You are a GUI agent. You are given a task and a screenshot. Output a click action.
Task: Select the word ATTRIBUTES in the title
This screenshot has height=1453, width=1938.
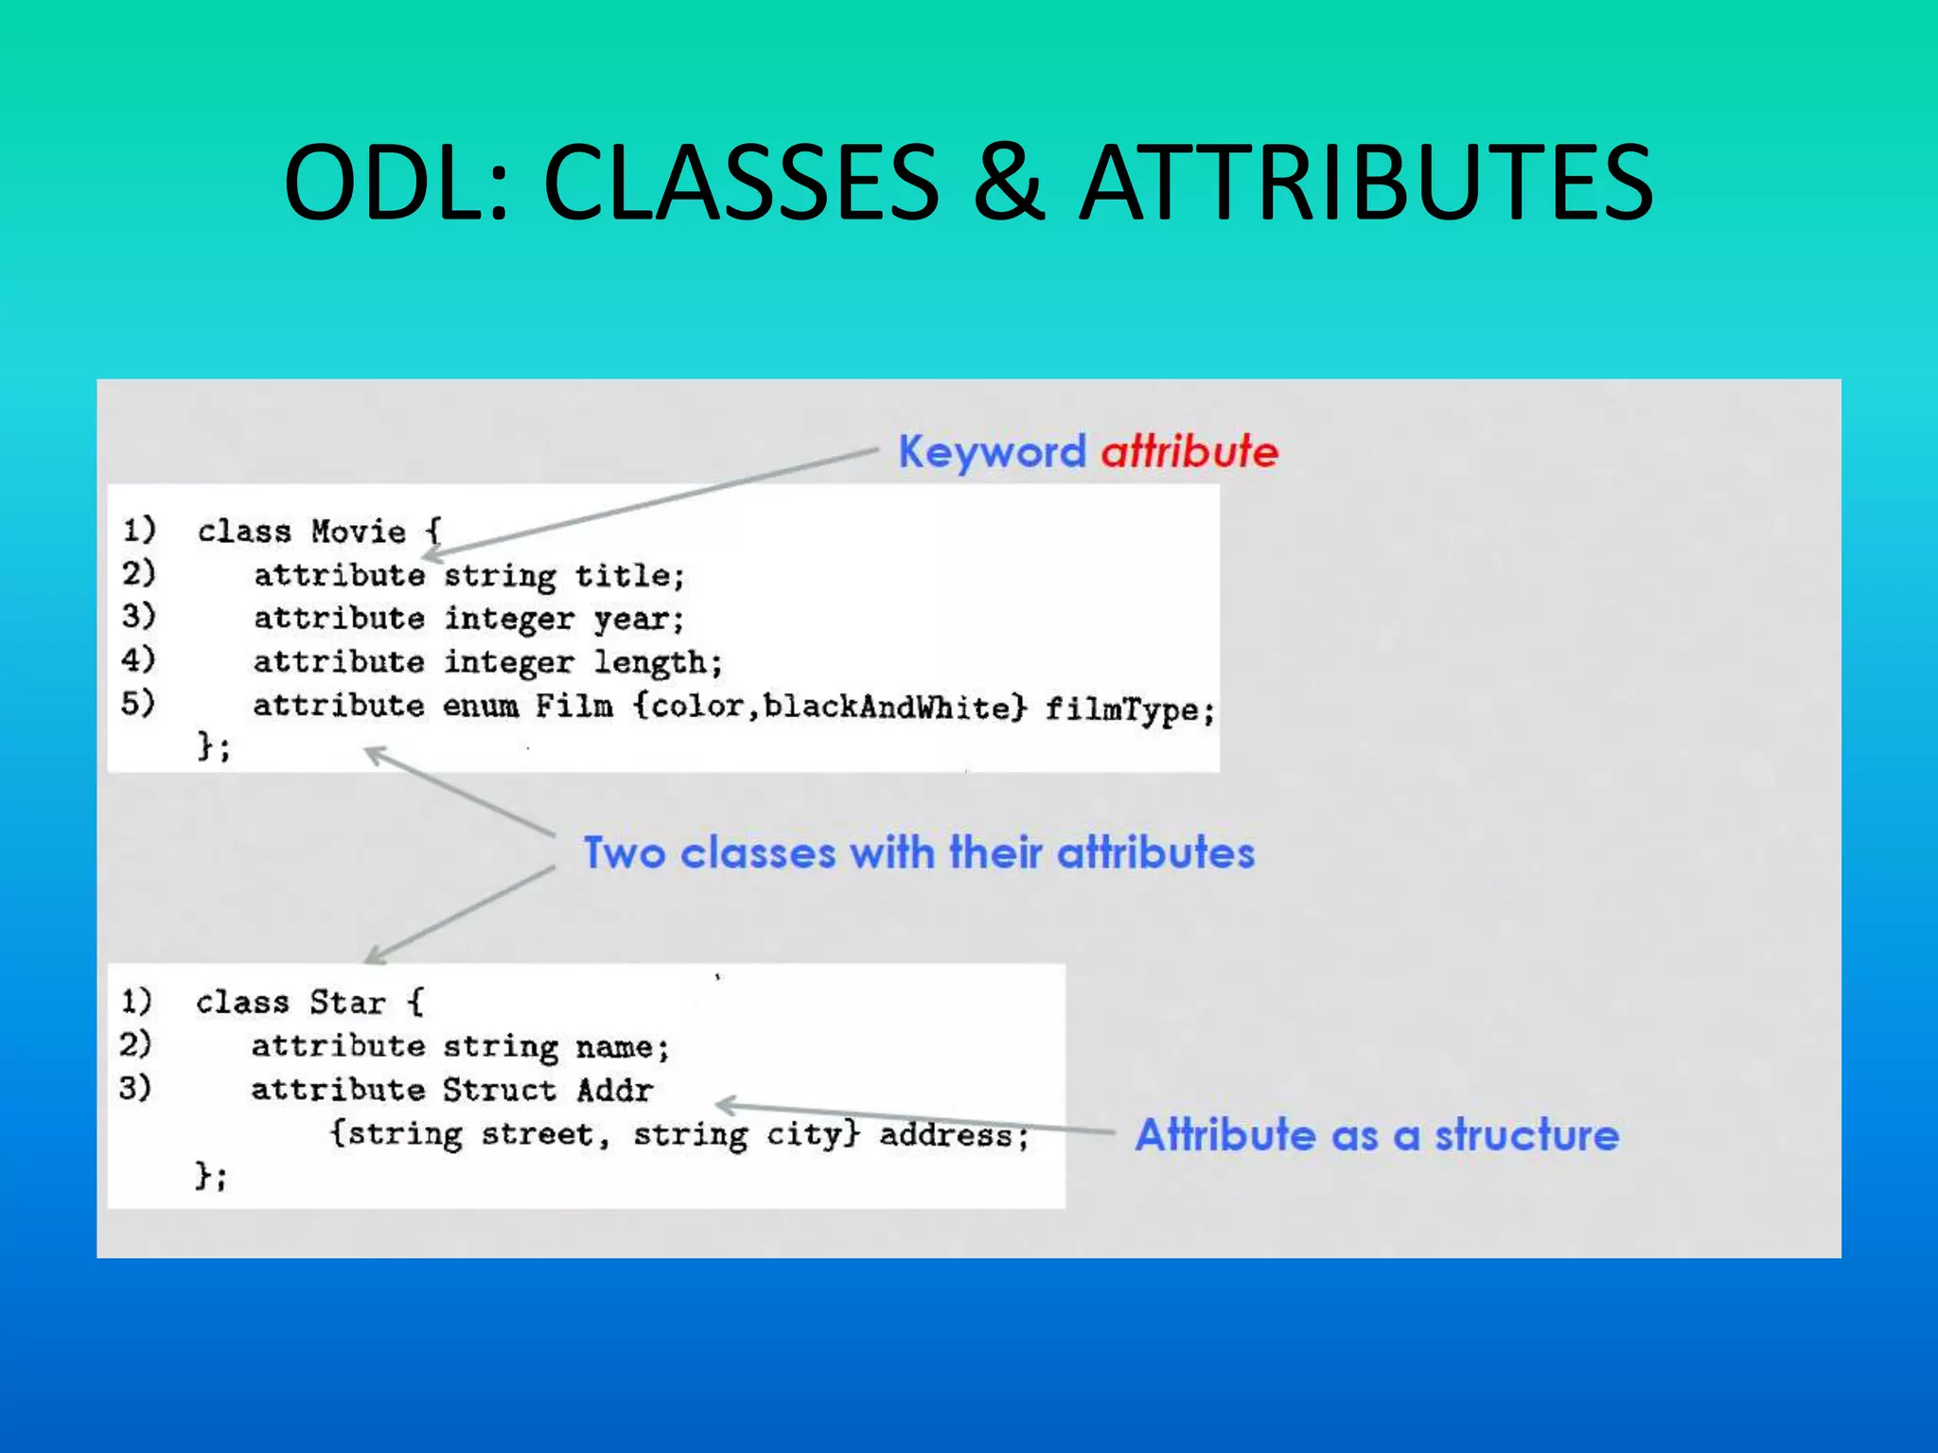pos(1366,182)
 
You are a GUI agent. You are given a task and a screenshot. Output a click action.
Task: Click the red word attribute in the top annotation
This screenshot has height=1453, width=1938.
pos(1189,451)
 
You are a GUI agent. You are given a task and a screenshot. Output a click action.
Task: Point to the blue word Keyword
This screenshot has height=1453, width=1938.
pos(992,451)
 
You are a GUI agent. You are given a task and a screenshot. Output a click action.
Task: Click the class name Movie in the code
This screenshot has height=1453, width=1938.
pos(358,532)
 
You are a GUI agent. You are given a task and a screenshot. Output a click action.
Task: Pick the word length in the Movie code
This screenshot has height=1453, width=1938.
pos(656,663)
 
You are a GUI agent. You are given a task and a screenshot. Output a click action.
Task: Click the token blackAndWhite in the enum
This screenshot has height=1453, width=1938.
pos(887,707)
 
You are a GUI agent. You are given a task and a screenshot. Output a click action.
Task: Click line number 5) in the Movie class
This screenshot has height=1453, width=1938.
pos(138,703)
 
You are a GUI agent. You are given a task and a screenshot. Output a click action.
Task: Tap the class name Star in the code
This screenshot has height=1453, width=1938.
pos(347,1003)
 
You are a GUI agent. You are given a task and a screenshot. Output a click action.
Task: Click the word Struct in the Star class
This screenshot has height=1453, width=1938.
pos(499,1090)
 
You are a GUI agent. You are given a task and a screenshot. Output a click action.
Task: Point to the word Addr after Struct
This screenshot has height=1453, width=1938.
pos(615,1090)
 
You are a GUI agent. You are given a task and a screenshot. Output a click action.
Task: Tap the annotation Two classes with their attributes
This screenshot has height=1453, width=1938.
pos(919,853)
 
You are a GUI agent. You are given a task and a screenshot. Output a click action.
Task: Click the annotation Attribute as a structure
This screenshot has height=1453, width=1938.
pos(1377,1135)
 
